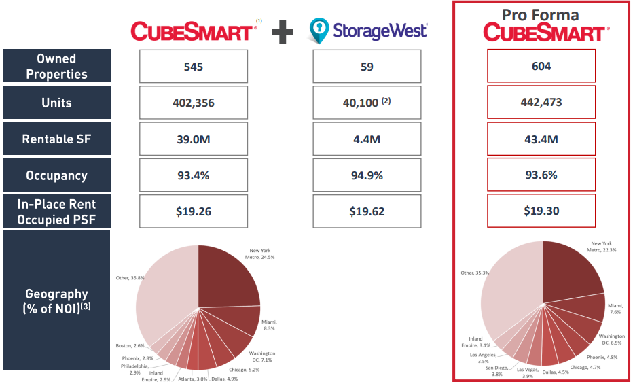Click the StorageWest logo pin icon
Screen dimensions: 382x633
point(319,31)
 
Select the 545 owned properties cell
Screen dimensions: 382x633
point(193,67)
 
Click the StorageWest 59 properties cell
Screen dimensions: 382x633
point(367,67)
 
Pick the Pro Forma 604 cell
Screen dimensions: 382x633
point(541,67)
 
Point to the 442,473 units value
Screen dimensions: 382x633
point(541,103)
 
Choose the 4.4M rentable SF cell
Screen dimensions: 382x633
point(367,139)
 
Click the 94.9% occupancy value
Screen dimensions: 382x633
point(367,175)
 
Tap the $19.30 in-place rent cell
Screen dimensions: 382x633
point(541,211)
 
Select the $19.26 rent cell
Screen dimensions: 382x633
point(193,211)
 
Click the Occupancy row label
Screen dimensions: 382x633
point(56,175)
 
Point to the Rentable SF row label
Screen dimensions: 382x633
point(56,139)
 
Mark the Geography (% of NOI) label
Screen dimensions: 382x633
point(56,300)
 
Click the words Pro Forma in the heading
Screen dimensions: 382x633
point(541,14)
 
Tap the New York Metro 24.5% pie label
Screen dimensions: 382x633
point(262,254)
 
